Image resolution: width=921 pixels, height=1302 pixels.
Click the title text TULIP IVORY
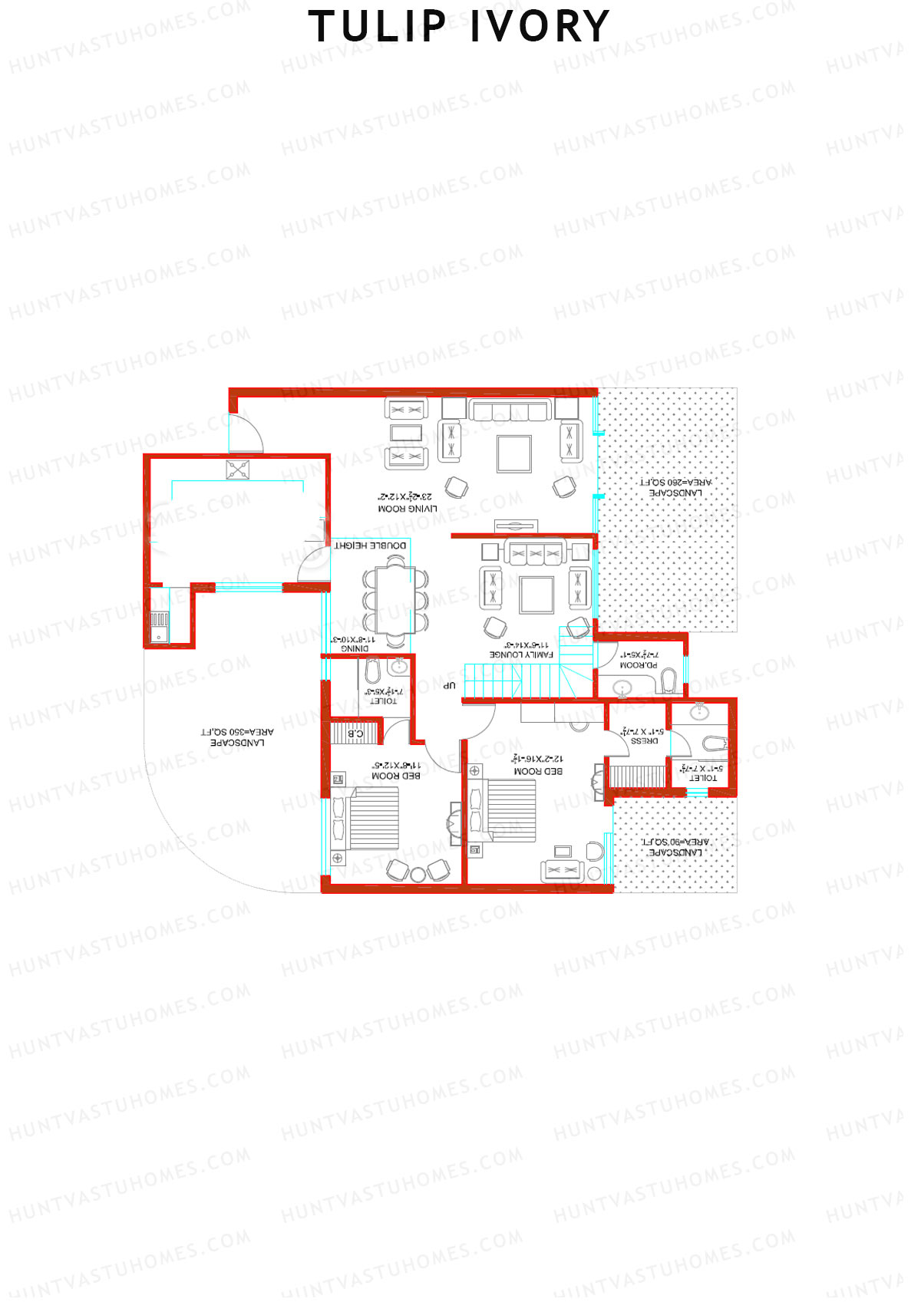pos(459,27)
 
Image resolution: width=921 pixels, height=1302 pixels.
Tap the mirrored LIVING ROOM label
pos(408,509)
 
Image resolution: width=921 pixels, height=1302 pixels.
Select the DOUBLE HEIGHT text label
pos(371,546)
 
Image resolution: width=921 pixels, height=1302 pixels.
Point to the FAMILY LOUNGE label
pos(521,654)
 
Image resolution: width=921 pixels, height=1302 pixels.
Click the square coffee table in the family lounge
pos(536,595)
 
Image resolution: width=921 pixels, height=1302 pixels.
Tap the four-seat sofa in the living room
pos(510,410)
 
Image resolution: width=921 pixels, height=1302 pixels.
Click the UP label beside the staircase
pos(450,685)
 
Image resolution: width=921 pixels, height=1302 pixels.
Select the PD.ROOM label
pos(638,665)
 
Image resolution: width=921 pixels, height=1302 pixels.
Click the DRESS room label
pos(644,741)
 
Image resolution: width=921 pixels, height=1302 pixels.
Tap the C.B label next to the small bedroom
pos(356,733)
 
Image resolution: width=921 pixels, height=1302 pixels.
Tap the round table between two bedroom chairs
pos(418,873)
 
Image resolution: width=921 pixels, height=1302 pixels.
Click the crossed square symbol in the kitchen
pos(238,470)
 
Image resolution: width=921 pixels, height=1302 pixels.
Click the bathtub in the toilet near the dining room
pos(373,673)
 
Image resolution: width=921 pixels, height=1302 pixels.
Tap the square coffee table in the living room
pos(514,453)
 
